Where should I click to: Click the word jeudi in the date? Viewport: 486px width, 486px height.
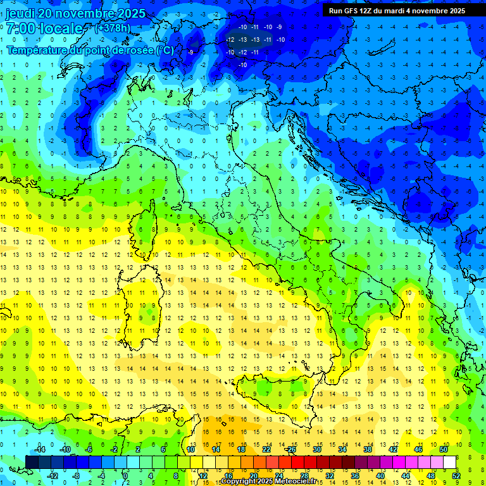pyautogui.click(x=22, y=13)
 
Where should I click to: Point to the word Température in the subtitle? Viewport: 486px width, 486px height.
pyautogui.click(x=39, y=50)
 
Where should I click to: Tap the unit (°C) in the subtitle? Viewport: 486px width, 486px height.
pyautogui.click(x=165, y=50)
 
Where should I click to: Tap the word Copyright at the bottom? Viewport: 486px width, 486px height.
pyautogui.click(x=240, y=482)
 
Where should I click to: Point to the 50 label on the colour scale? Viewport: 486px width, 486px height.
pyautogui.click(x=443, y=449)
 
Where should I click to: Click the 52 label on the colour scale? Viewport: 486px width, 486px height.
pyautogui.click(x=456, y=476)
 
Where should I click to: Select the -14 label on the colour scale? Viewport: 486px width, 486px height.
pyautogui.click(x=39, y=449)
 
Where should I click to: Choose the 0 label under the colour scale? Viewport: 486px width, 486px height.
pyautogui.click(x=125, y=476)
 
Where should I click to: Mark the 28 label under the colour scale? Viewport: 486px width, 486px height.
pyautogui.click(x=304, y=476)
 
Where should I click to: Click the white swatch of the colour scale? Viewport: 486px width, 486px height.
pyautogui.click(x=449, y=462)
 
